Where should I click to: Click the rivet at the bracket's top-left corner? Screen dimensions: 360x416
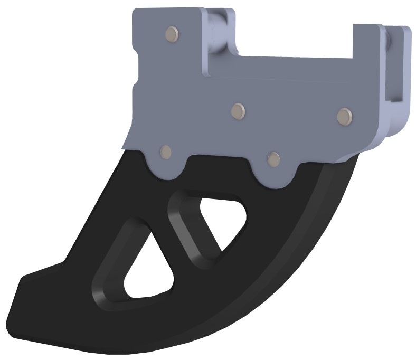click(172, 34)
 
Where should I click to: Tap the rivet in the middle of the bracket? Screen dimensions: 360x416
click(239, 110)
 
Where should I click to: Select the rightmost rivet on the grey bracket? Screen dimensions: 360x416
click(344, 115)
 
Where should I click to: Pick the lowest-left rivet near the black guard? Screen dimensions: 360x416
click(166, 152)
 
